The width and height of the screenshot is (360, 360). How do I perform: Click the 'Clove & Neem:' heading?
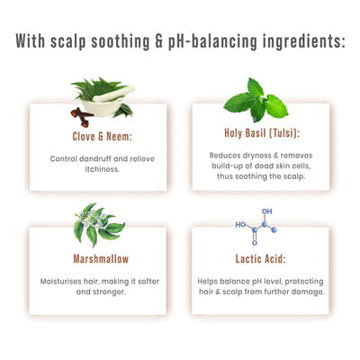103,137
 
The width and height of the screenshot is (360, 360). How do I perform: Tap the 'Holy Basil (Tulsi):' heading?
262,133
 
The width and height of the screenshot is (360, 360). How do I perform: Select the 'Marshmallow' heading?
101,258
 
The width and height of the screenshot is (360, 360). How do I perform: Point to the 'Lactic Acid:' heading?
260,258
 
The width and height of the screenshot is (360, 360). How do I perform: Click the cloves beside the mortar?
81,117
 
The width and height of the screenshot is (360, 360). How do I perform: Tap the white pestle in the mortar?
113,94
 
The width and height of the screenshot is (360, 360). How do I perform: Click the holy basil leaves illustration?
256,101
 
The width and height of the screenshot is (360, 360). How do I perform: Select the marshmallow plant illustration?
99,224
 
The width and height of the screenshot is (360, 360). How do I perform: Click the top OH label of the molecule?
266,211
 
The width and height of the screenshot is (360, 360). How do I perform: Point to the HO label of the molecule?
240,224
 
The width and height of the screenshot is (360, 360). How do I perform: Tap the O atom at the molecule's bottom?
255,243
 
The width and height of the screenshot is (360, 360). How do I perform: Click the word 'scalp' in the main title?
68,41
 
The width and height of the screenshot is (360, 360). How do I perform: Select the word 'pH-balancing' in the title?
212,41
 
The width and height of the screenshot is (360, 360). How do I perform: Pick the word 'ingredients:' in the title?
304,41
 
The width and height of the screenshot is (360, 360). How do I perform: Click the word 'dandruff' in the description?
94,158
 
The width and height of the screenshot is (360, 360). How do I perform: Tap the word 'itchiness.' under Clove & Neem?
103,169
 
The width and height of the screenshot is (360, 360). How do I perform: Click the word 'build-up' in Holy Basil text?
224,166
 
